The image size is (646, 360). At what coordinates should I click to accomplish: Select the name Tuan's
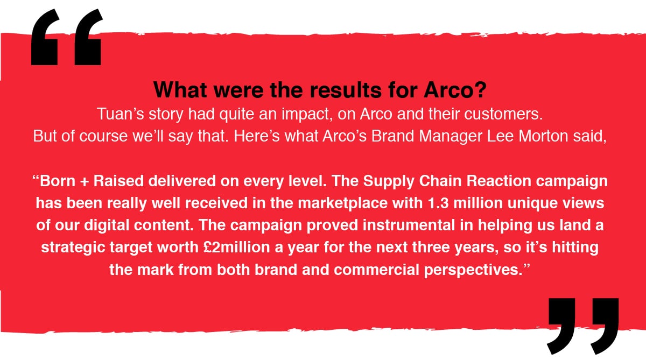point(120,114)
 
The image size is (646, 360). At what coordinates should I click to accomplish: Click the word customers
point(503,114)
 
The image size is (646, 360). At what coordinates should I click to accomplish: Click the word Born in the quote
point(58,181)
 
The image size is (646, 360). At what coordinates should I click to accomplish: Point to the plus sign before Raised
point(85,182)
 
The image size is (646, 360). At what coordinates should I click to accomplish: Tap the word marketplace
point(342,204)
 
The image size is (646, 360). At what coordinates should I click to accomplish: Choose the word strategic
point(73,248)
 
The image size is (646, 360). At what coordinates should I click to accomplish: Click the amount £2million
point(236,248)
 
